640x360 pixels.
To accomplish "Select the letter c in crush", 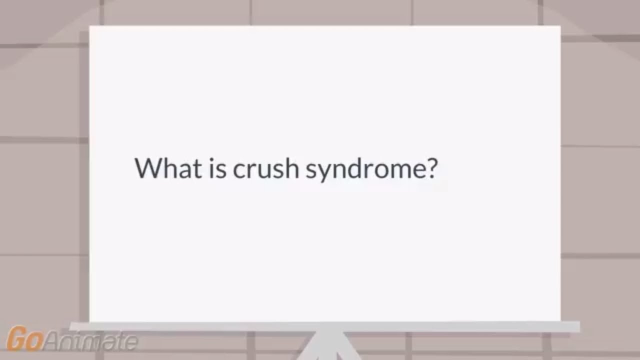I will [x=239, y=170].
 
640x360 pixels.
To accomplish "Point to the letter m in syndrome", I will [x=400, y=170].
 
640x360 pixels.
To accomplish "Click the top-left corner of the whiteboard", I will [x=90, y=27].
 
